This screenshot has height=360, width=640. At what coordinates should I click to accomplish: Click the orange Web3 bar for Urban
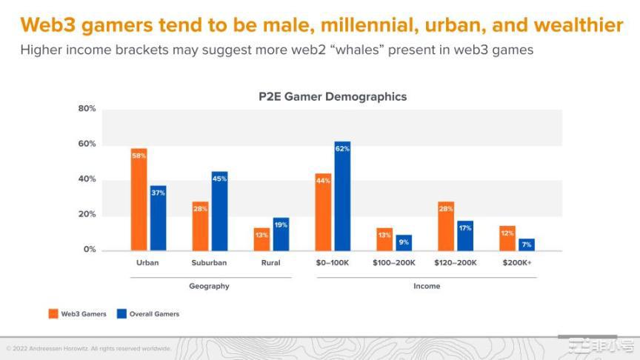pyautogui.click(x=139, y=199)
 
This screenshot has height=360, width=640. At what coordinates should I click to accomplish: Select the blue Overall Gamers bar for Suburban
pyautogui.click(x=219, y=211)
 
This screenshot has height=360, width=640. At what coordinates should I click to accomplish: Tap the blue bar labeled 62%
pyautogui.click(x=342, y=196)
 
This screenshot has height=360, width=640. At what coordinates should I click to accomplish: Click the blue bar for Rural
pyautogui.click(x=281, y=233)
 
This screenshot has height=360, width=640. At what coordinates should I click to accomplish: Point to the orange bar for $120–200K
pyautogui.click(x=446, y=226)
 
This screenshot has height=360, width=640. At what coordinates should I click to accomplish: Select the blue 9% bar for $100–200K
pyautogui.click(x=404, y=242)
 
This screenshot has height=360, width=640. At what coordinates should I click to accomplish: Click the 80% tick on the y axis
pyautogui.click(x=87, y=109)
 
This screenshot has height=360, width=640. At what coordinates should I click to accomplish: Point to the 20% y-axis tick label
pyautogui.click(x=87, y=215)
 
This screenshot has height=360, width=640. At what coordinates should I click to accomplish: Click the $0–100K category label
pyautogui.click(x=333, y=263)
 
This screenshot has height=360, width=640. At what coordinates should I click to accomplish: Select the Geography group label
pyautogui.click(x=210, y=286)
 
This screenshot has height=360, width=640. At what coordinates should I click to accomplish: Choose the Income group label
pyautogui.click(x=426, y=286)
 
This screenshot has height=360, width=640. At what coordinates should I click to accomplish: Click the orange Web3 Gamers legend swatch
pyautogui.click(x=53, y=314)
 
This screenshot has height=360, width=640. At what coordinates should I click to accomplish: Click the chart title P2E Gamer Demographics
pyautogui.click(x=332, y=96)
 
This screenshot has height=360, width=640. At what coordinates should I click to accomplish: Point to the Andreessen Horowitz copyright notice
pyautogui.click(x=89, y=348)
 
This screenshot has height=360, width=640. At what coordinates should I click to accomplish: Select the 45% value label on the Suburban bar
pyautogui.click(x=219, y=178)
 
